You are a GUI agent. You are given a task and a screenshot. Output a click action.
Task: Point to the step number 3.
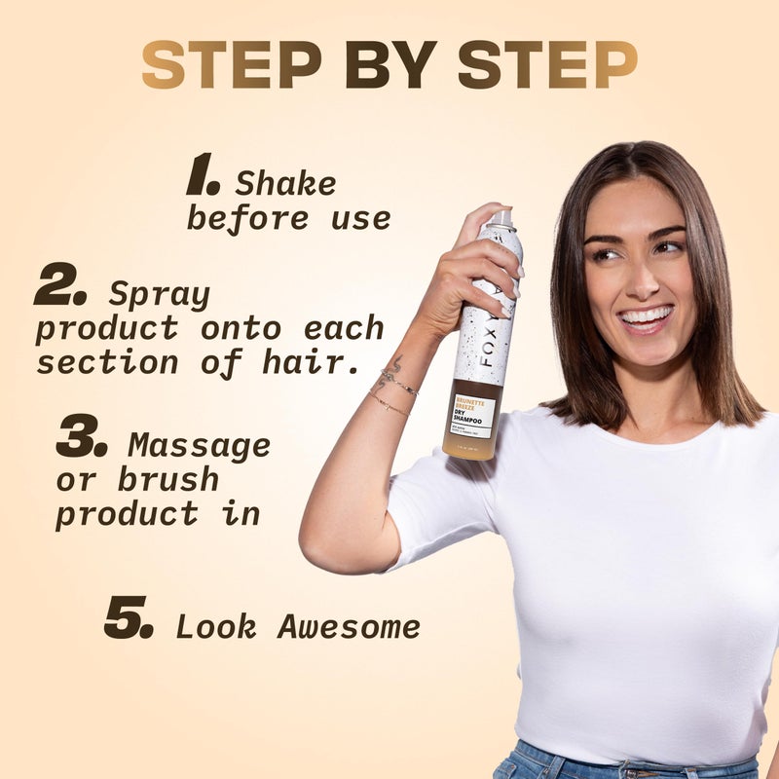pos(81,440)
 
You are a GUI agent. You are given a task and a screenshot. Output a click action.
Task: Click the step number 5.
pos(129,618)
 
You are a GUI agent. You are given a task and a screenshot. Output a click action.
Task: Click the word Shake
pos(285,183)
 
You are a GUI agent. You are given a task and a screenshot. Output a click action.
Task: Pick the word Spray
pos(159,293)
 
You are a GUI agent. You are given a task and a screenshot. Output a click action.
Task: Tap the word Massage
pos(200,445)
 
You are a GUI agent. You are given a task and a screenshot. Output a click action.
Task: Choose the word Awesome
pos(349,627)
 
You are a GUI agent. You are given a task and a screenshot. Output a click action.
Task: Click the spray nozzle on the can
pos(500,218)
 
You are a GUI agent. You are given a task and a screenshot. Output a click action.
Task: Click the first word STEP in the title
pos(231,65)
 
